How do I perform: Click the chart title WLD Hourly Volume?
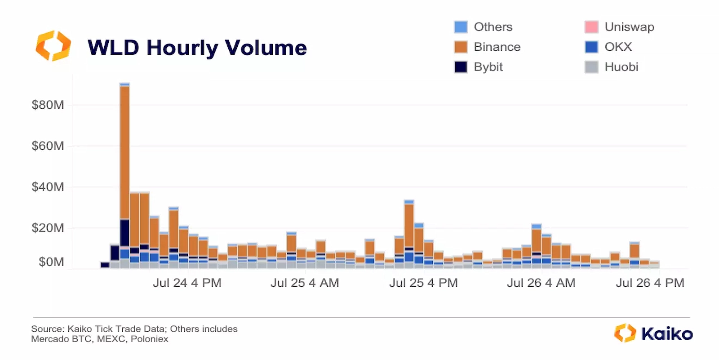pyautogui.click(x=197, y=48)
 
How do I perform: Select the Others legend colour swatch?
pyautogui.click(x=461, y=27)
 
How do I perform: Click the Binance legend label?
pyautogui.click(x=497, y=47)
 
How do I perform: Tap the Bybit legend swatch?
pyautogui.click(x=461, y=67)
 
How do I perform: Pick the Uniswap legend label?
pyautogui.click(x=629, y=27)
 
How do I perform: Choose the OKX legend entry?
pyautogui.click(x=618, y=47)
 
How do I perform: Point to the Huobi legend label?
pyautogui.click(x=621, y=67)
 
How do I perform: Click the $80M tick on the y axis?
pyautogui.click(x=48, y=105)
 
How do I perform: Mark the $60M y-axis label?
pyautogui.click(x=48, y=146)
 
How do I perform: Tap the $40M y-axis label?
pyautogui.click(x=48, y=187)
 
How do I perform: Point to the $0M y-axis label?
pyautogui.click(x=51, y=262)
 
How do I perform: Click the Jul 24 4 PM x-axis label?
pyautogui.click(x=187, y=283)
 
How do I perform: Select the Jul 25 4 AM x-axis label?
pyautogui.click(x=305, y=283)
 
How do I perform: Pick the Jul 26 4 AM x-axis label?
pyautogui.click(x=541, y=283)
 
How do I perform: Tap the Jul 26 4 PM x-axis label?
pyautogui.click(x=650, y=283)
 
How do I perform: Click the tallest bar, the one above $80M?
pyautogui.click(x=125, y=153)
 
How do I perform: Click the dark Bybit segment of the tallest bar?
pyautogui.click(x=125, y=233)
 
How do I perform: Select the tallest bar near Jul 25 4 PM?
pyautogui.click(x=409, y=225)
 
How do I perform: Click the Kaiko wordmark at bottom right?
pyautogui.click(x=666, y=334)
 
